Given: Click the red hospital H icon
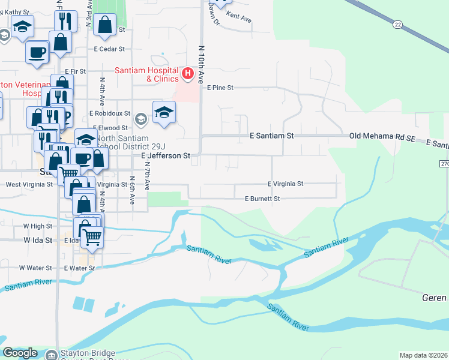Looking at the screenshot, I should click(187, 74).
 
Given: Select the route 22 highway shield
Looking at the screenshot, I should click(397, 24).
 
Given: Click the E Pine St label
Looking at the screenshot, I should click(219, 88).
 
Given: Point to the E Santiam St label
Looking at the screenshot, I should click(271, 136).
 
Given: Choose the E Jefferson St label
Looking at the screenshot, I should click(165, 155).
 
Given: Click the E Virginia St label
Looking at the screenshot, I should click(286, 184).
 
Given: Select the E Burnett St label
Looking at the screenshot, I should click(262, 198).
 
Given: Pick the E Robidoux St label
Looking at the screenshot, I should click(109, 113).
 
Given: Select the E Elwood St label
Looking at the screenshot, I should click(109, 128).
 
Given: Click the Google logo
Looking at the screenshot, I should click(20, 353).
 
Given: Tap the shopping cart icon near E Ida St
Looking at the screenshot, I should click(92, 236).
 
